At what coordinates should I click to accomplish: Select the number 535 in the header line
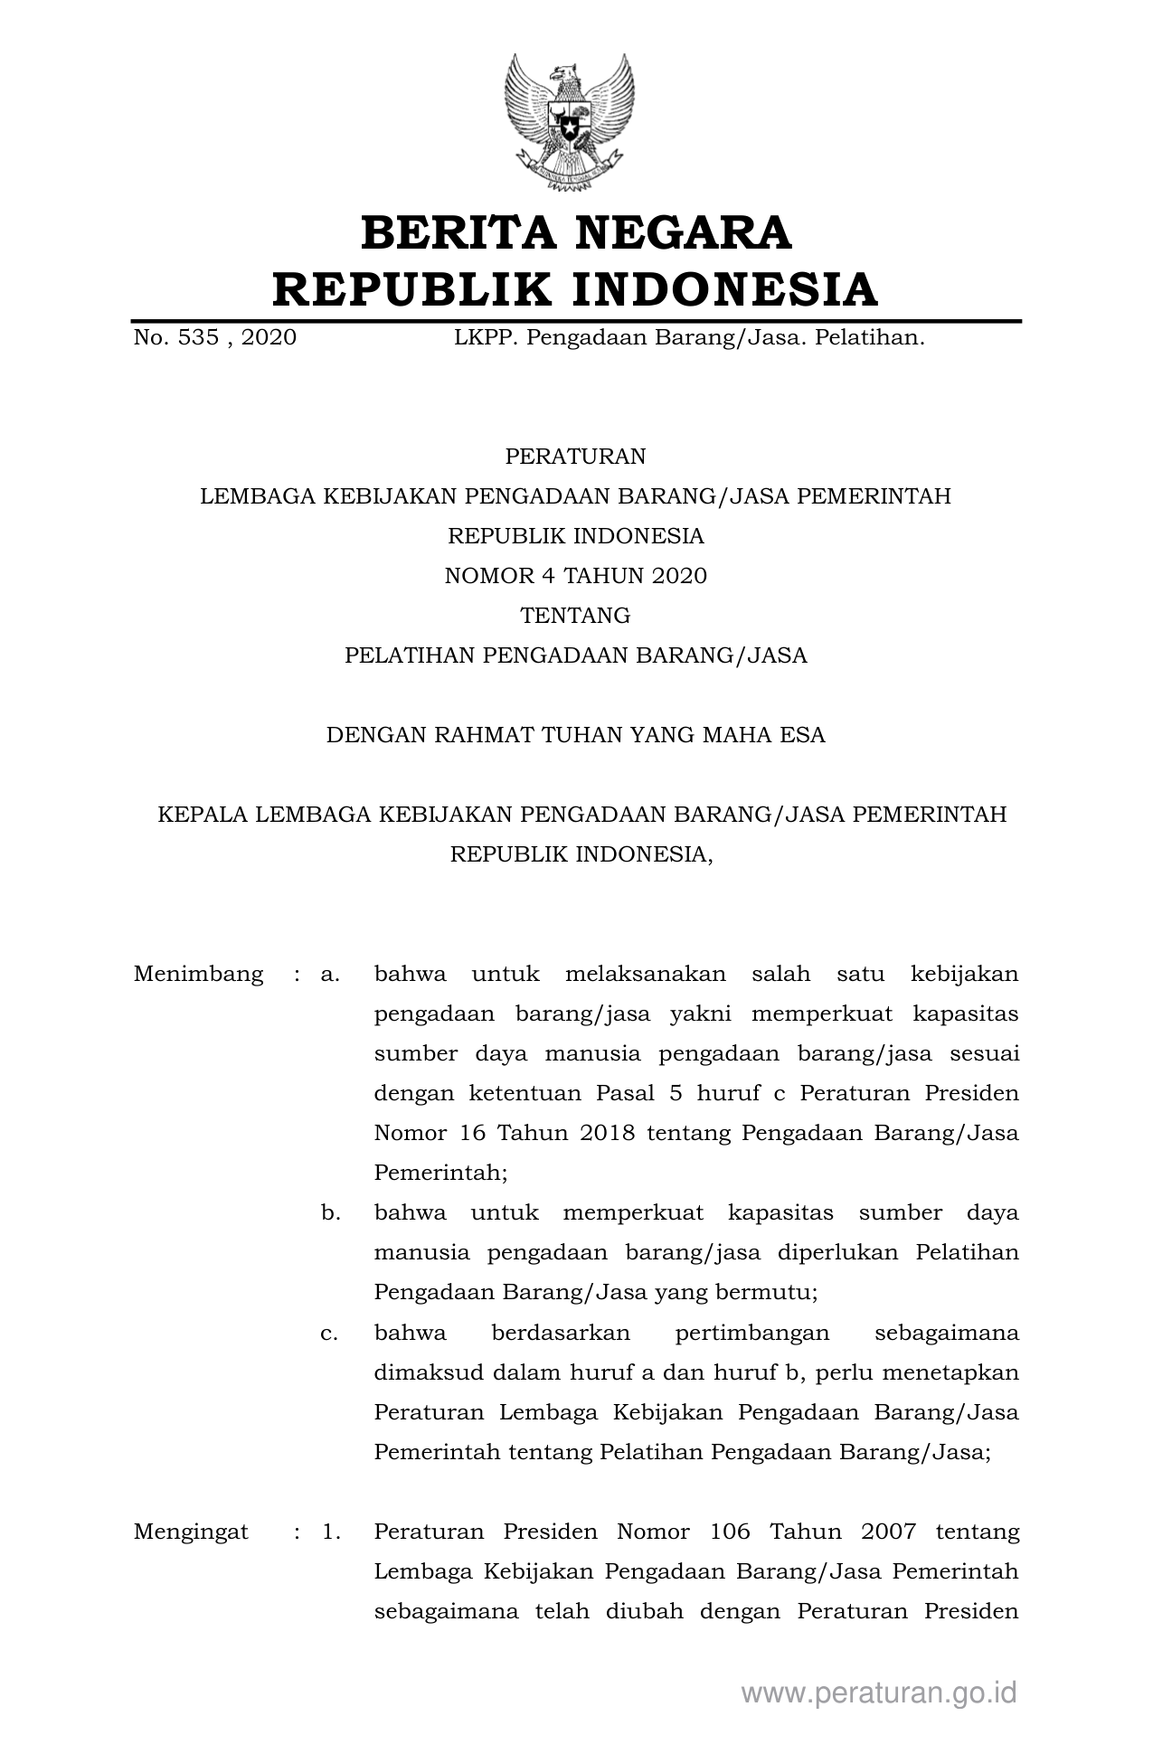(x=195, y=338)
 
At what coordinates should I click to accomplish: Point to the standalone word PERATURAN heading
(x=575, y=457)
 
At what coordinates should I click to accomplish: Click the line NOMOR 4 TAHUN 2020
(x=575, y=576)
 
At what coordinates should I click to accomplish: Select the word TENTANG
(x=575, y=616)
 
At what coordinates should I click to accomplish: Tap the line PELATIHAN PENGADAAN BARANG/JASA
(x=575, y=655)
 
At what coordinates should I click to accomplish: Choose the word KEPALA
(x=203, y=815)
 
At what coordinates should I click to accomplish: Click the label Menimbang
(x=198, y=974)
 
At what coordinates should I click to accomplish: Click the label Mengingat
(x=191, y=1532)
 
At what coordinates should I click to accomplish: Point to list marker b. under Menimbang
(x=330, y=1212)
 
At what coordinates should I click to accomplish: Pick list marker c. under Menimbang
(x=329, y=1333)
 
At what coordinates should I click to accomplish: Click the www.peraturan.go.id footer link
(x=879, y=1692)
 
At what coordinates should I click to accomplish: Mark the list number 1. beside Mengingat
(x=330, y=1532)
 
